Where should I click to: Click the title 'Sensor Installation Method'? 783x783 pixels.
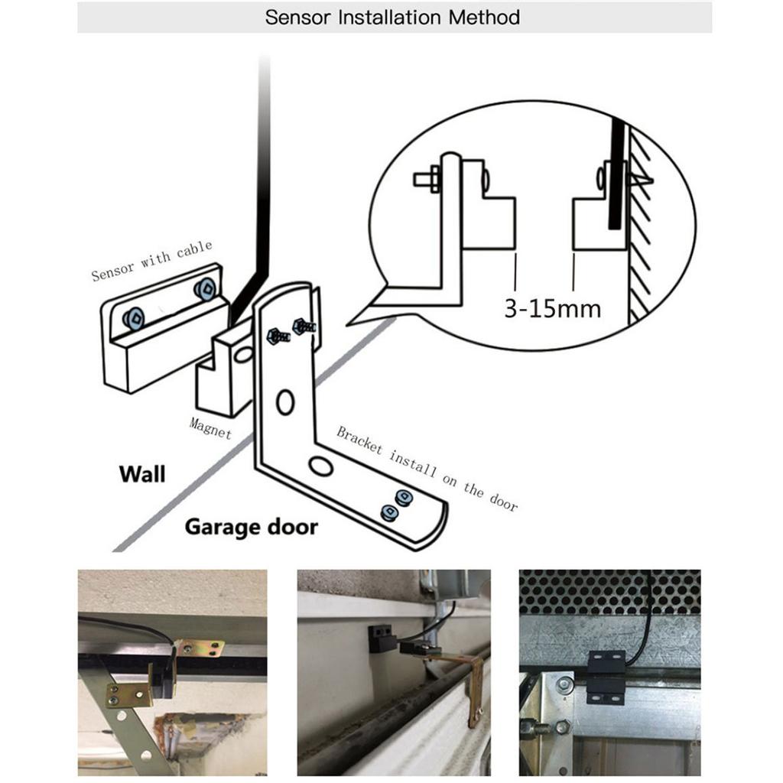(x=392, y=17)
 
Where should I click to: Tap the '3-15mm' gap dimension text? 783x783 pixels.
(x=552, y=308)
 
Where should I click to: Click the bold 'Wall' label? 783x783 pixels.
(x=141, y=474)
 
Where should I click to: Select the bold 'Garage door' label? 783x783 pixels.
(x=251, y=527)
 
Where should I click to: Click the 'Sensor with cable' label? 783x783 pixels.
(x=151, y=260)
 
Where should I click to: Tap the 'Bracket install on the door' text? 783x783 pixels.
(x=427, y=468)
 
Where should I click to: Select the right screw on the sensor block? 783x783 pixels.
(x=204, y=289)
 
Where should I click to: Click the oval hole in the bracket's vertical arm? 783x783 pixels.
(x=285, y=401)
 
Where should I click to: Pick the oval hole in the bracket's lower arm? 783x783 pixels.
(x=320, y=465)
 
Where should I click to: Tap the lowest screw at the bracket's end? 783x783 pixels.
(x=388, y=513)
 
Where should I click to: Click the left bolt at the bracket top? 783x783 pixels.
(x=276, y=335)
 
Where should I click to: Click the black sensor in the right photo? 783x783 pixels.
(x=606, y=677)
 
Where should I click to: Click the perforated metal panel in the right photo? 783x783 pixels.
(x=609, y=592)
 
